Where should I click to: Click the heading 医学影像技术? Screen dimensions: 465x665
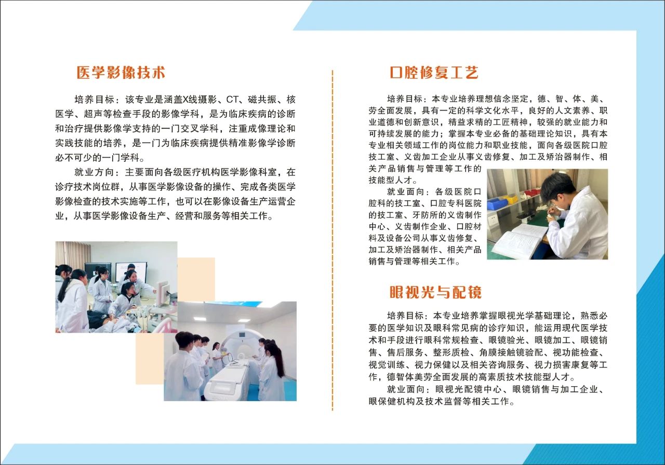(x=121, y=73)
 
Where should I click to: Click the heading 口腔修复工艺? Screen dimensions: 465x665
(x=434, y=73)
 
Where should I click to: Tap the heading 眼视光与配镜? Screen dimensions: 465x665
(x=435, y=292)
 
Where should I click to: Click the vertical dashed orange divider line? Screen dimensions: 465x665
(x=332, y=239)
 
